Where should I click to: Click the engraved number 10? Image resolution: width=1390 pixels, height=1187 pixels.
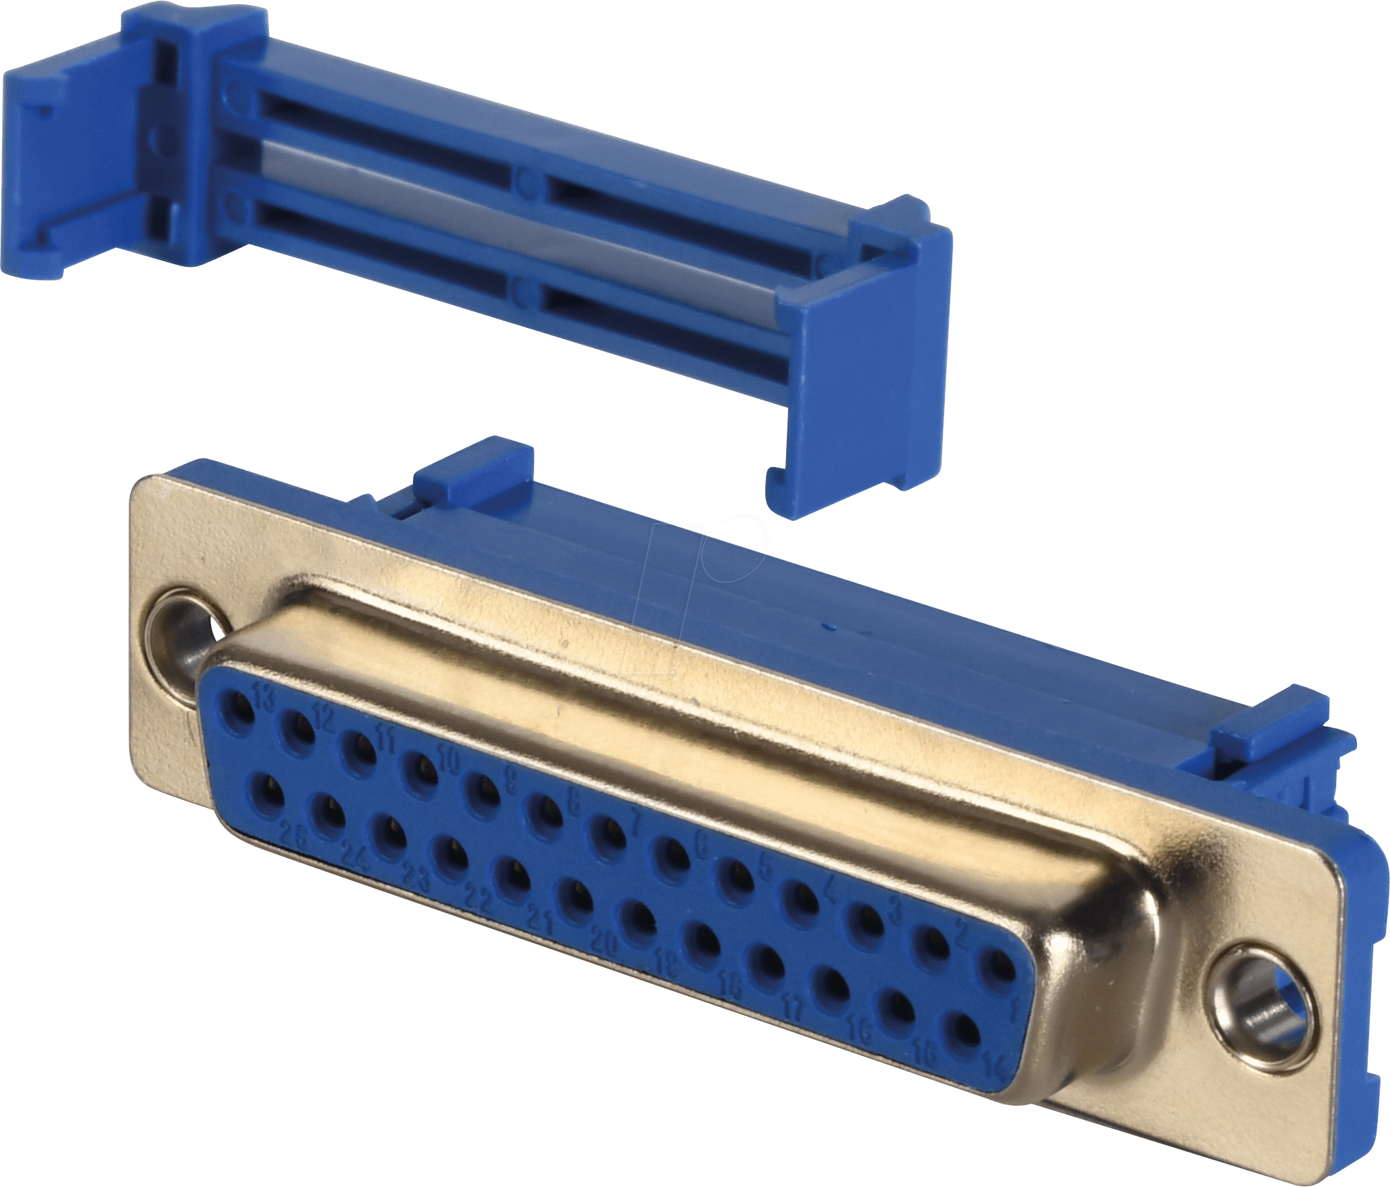tap(449, 760)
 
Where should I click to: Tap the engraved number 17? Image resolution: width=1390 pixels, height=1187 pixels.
tap(794, 1008)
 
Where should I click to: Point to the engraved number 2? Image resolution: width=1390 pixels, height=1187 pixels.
tap(962, 933)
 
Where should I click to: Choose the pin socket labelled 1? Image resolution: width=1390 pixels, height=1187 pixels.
tap(999, 969)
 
